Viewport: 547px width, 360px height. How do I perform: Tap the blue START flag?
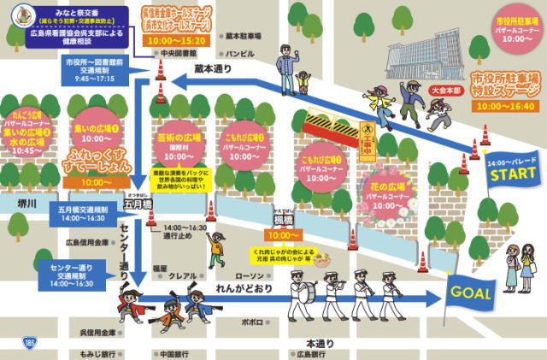coord(510,172)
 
